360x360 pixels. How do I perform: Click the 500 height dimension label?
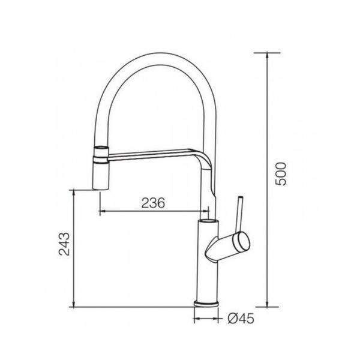(x=281, y=174)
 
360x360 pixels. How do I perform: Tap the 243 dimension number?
(x=64, y=244)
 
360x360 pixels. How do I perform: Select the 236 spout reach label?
(x=153, y=203)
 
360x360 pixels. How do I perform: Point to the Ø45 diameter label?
(x=241, y=319)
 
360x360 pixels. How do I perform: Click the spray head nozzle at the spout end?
(x=100, y=168)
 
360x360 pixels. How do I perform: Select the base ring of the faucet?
(x=206, y=303)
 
